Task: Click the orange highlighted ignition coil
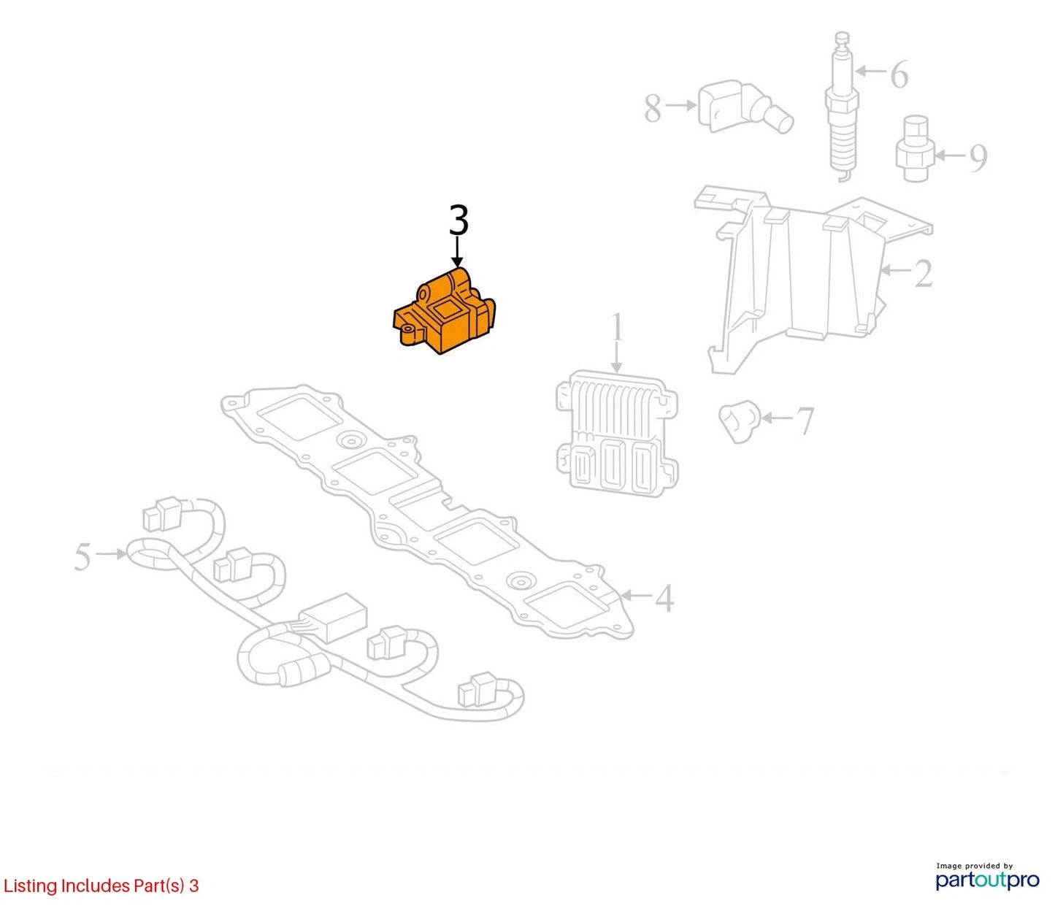(443, 312)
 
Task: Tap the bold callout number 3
(459, 220)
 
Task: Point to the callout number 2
(923, 273)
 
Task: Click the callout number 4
(664, 598)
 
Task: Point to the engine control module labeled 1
(617, 434)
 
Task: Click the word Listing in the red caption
(31, 886)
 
